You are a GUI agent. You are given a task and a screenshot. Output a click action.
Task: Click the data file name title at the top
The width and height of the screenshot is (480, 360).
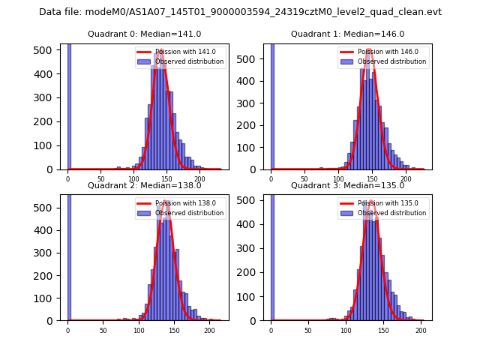pos(240,12)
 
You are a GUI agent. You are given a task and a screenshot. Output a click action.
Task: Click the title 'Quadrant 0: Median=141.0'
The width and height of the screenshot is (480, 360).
pos(144,34)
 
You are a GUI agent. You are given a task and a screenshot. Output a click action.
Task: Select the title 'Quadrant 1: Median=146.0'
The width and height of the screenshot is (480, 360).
pos(347,34)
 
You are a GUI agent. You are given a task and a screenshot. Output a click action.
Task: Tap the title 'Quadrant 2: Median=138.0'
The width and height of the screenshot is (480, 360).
pos(144,185)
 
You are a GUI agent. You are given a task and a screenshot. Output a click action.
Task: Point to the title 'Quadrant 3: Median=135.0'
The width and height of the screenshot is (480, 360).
pos(347,185)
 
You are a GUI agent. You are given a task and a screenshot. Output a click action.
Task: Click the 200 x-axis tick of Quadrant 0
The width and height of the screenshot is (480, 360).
pos(199,180)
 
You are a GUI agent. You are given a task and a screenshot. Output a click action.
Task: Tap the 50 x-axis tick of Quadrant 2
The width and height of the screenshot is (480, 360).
pos(103,330)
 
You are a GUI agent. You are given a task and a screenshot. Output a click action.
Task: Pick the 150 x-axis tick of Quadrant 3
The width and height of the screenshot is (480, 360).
pos(383,330)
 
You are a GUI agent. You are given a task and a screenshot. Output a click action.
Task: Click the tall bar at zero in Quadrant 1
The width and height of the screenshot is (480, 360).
pos(271,105)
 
